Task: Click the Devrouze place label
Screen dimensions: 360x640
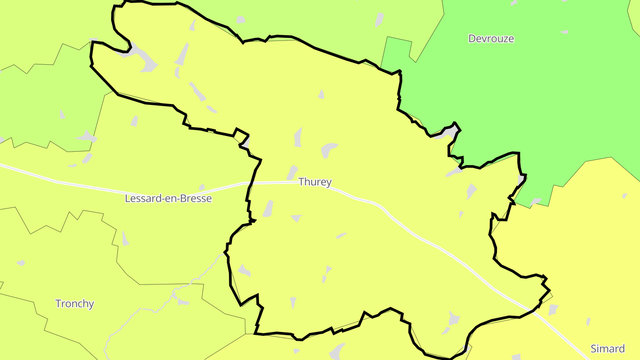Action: coord(491,39)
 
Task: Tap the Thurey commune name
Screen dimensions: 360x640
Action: coord(315,182)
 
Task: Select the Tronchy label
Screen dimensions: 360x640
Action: coord(75,304)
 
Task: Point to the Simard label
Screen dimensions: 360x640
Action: coord(608,348)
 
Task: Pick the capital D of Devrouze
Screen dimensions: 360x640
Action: coord(472,39)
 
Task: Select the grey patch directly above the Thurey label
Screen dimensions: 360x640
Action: coord(292,172)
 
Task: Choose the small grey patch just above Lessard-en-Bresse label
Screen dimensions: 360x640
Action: coord(202,187)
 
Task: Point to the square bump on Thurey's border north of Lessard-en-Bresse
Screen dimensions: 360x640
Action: coord(241,132)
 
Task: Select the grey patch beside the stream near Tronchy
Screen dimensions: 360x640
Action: coord(183,302)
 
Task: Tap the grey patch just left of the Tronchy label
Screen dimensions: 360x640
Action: coord(20,263)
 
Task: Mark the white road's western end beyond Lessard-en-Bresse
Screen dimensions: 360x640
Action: coord(2,166)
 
